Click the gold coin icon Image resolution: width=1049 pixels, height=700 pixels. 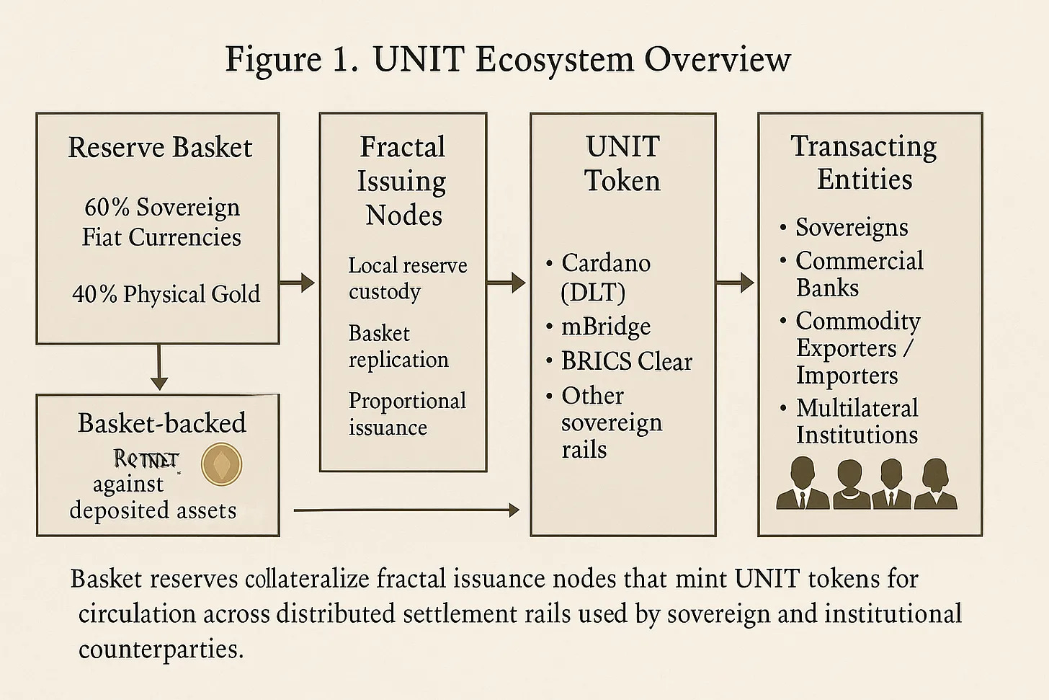[220, 464]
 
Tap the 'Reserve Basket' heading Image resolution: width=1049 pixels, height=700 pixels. [160, 147]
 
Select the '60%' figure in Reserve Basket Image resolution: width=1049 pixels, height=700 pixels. [107, 208]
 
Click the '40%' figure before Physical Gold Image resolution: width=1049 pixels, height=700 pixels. [94, 294]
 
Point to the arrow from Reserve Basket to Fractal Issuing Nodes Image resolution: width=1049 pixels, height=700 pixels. [298, 282]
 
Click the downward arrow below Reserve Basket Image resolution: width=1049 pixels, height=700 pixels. [159, 368]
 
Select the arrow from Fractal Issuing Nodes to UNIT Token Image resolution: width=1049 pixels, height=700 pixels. [506, 282]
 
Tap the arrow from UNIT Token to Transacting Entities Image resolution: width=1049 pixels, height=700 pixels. [736, 282]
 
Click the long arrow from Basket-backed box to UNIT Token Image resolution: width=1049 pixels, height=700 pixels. [407, 510]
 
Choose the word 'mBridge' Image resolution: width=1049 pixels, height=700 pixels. [606, 327]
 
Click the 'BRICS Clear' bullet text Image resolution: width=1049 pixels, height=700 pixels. [626, 361]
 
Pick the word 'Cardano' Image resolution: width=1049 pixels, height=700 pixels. [606, 262]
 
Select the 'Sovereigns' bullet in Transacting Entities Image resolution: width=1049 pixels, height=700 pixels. [852, 228]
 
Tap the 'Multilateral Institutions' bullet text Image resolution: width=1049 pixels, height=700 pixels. [857, 421]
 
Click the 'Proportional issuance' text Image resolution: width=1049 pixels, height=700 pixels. [407, 414]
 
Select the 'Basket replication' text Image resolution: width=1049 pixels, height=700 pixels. [398, 346]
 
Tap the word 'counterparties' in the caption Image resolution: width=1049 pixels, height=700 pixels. [160, 650]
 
